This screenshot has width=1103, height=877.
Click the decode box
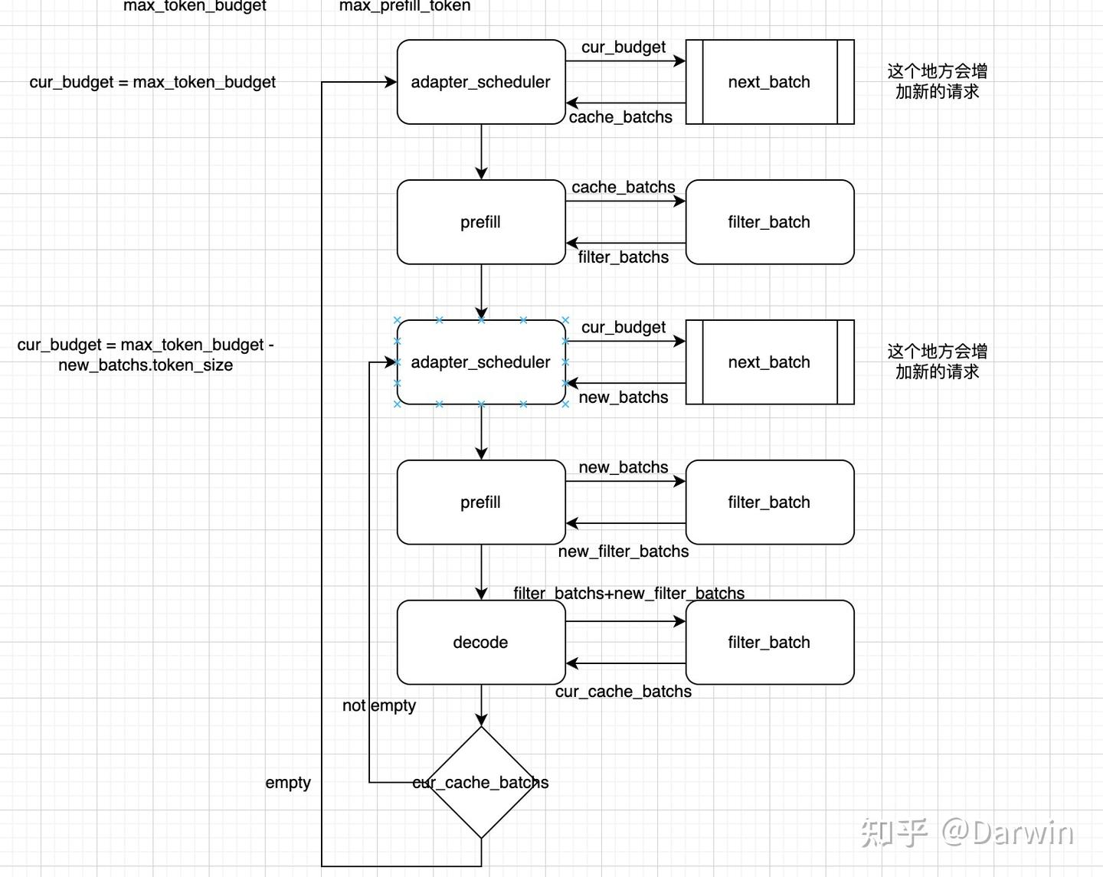tap(480, 642)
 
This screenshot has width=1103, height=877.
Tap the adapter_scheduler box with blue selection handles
tap(480, 362)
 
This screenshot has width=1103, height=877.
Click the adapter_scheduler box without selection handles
tap(480, 82)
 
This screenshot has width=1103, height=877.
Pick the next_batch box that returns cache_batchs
tap(769, 82)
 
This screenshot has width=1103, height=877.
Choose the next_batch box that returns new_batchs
tap(769, 362)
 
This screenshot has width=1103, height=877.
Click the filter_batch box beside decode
tap(769, 642)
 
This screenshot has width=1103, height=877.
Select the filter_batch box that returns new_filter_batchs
tap(769, 502)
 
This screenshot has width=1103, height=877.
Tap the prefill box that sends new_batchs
tap(480, 502)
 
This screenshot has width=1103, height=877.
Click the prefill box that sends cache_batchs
tap(480, 222)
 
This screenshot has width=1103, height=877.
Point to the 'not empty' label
tap(378, 705)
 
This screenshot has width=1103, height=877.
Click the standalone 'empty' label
tap(288, 783)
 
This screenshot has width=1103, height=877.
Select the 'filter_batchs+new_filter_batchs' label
tap(628, 593)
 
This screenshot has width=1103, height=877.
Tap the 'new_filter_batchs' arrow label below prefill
tap(623, 551)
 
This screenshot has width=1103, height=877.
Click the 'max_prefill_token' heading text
tap(404, 6)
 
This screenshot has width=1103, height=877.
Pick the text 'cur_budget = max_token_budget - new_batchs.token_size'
tap(146, 355)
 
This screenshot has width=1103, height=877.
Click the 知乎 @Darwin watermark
tap(967, 833)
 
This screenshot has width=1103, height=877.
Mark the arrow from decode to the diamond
tap(481, 705)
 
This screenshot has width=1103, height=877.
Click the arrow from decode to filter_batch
tap(625, 621)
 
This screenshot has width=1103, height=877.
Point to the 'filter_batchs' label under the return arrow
tap(623, 257)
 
